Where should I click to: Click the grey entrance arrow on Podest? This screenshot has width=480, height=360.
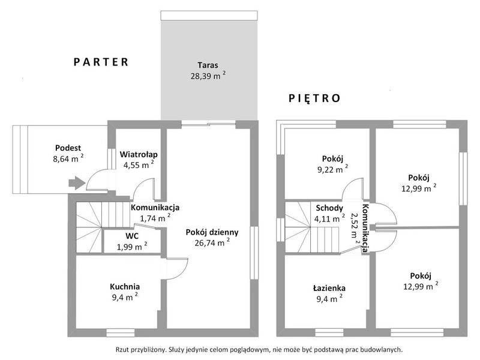pyautogui.click(x=77, y=183)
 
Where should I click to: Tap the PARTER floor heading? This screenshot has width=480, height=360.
pyautogui.click(x=101, y=62)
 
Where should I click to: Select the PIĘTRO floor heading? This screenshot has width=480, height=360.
pyautogui.click(x=314, y=98)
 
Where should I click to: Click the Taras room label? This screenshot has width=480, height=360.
pyautogui.click(x=208, y=65)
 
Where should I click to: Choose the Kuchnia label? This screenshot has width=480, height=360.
pyautogui.click(x=125, y=287)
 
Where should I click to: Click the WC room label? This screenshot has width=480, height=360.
pyautogui.click(x=132, y=236)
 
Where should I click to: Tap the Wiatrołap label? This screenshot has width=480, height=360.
pyautogui.click(x=139, y=154)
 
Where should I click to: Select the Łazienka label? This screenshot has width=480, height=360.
pyautogui.click(x=329, y=288)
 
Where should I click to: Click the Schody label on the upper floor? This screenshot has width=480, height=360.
pyautogui.click(x=329, y=208)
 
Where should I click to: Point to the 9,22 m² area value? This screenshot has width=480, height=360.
pyautogui.click(x=332, y=169)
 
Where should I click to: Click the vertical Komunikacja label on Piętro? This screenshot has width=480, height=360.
pyautogui.click(x=365, y=228)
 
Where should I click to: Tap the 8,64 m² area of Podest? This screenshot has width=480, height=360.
pyautogui.click(x=68, y=158)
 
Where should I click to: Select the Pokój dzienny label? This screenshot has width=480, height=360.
pyautogui.click(x=212, y=232)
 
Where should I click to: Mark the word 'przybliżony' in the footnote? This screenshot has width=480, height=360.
pyautogui.click(x=148, y=349)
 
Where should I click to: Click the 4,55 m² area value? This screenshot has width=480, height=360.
pyautogui.click(x=139, y=164)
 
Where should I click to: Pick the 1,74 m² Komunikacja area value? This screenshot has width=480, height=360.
pyautogui.click(x=155, y=218)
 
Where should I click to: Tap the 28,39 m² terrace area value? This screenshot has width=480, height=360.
pyautogui.click(x=208, y=76)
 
